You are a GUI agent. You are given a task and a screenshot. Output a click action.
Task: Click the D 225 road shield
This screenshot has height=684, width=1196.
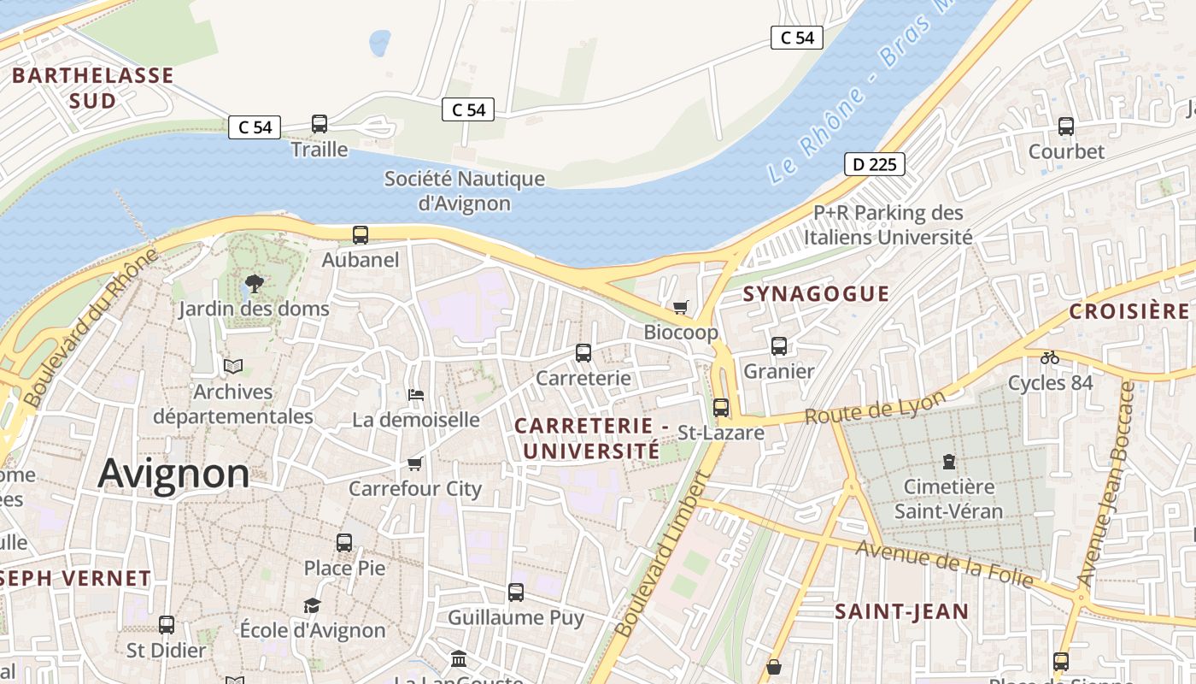point(875,164)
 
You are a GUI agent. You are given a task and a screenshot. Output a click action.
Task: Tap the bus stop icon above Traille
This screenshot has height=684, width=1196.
point(320,124)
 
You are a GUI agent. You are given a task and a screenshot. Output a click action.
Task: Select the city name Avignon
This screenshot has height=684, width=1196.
point(173,474)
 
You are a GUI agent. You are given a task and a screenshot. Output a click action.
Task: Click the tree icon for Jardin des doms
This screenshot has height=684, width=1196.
point(254,283)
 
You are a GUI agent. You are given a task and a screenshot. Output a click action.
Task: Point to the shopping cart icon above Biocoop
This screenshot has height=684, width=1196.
point(681,307)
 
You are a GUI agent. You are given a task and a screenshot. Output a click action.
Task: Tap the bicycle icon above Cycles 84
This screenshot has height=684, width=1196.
point(1050,357)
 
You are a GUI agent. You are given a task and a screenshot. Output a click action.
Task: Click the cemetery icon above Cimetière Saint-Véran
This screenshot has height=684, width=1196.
point(948,462)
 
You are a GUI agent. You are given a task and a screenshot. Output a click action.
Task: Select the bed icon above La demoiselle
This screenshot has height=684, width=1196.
point(416,394)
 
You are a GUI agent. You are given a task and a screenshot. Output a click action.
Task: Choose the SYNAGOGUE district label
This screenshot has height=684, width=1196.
point(816,294)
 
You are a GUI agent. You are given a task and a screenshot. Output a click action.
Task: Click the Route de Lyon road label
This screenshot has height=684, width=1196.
point(876,407)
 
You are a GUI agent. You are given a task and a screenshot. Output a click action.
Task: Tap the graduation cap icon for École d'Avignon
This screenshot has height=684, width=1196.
point(313,605)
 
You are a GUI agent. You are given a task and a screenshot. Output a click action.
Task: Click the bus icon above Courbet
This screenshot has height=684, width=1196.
point(1066,127)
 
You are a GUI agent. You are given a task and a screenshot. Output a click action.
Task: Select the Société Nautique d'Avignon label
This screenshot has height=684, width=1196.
point(465,192)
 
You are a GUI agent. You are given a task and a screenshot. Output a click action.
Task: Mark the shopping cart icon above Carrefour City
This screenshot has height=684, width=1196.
point(415,463)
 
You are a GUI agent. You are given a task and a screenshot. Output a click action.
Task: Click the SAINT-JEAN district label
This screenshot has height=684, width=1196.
point(901,611)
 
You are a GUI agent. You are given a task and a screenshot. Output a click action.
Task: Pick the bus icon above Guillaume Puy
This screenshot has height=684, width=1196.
point(516,592)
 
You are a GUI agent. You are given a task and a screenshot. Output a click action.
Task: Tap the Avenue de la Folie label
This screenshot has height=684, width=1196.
point(944,564)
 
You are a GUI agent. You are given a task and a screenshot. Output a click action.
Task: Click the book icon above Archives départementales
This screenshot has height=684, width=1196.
point(233,367)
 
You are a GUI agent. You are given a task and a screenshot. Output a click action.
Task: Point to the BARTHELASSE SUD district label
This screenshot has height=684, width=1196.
point(92,88)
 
